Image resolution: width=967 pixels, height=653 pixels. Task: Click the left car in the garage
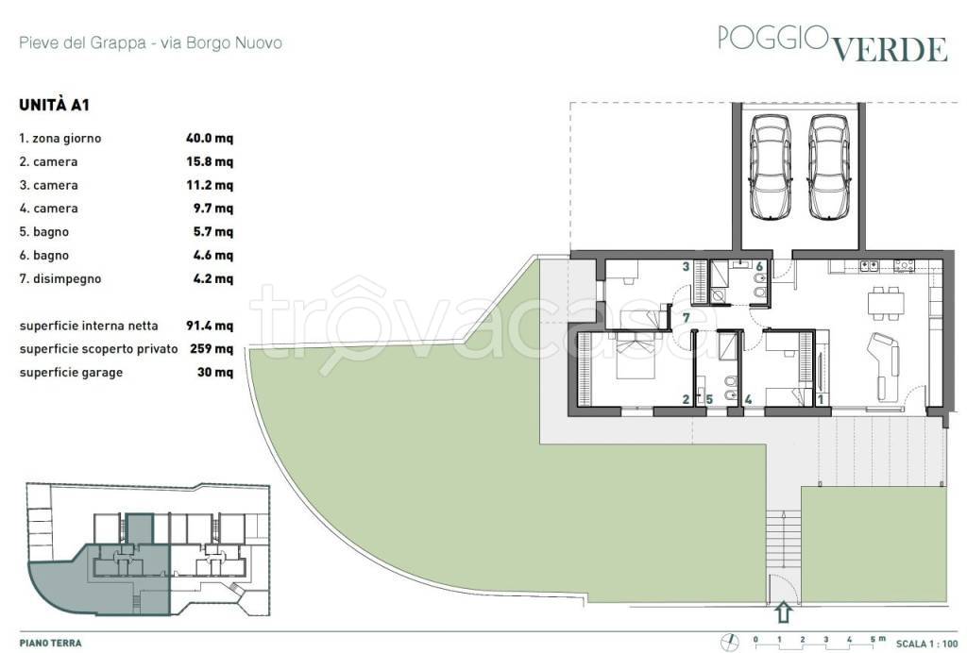coord(770,167)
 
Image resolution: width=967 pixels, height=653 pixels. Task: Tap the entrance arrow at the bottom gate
coord(784,612)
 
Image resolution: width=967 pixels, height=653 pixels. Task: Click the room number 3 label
coord(686,267)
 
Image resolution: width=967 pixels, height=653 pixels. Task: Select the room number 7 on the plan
coord(686,318)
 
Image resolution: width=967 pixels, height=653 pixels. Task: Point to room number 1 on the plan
coord(821,400)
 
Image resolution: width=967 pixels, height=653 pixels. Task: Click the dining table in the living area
coord(886,303)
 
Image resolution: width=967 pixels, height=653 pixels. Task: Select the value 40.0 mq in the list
coord(210,138)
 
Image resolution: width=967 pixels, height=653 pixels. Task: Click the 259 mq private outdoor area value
coord(212,349)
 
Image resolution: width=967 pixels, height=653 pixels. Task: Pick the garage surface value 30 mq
coord(215,372)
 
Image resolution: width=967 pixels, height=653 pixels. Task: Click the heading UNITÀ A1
coord(54,105)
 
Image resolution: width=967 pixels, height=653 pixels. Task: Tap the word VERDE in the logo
coord(891,49)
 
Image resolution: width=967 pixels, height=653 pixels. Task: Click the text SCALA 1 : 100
coord(926,644)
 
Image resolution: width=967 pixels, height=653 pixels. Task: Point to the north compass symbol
coord(729,642)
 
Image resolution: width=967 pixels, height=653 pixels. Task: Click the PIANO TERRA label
coord(51,644)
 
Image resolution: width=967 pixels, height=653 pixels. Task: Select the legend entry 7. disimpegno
coord(59,278)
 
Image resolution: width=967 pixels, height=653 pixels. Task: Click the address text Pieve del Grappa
coord(83,43)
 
